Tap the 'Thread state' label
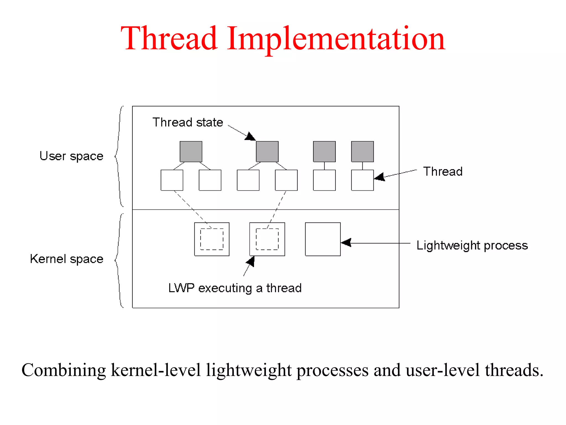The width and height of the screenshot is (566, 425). point(188,122)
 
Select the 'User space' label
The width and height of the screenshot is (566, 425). point(71,156)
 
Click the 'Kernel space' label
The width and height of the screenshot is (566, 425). point(67,259)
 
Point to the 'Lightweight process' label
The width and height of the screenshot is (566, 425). point(472,245)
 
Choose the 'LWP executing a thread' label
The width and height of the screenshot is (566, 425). point(235,288)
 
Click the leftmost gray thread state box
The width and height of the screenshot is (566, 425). point(191,152)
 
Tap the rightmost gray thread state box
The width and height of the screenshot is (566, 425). point(362,152)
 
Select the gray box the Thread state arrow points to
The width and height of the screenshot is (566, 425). point(267,152)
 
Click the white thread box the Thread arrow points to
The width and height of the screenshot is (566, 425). point(362,180)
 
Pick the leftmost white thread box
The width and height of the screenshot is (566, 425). point(172,180)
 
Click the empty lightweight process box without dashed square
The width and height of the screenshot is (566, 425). point(323,239)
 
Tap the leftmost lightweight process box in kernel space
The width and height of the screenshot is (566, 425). point(212,239)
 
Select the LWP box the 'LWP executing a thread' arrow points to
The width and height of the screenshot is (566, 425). point(267,239)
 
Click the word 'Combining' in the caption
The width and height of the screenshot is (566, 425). point(64,370)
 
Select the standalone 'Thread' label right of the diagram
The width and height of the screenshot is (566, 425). point(443,172)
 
